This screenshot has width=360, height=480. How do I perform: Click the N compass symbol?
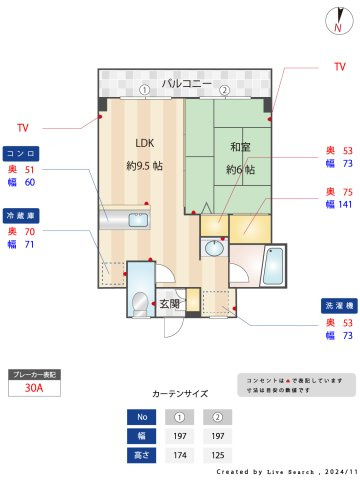[x=337, y=22]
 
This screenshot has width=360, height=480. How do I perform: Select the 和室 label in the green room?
[x=240, y=147]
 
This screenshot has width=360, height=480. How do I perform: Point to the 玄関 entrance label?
[x=168, y=303]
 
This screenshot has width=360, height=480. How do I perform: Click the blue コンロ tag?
[x=21, y=154]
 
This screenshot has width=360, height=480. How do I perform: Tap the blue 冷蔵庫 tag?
[x=21, y=215]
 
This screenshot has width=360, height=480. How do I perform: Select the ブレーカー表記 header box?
[x=33, y=374]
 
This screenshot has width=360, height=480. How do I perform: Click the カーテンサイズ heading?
[x=180, y=394]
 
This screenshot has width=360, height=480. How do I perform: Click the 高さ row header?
[x=142, y=455]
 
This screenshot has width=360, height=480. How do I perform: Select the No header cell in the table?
[x=142, y=416]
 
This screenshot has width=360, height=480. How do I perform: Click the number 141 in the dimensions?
[x=345, y=204]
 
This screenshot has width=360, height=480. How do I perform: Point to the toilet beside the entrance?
[x=139, y=302]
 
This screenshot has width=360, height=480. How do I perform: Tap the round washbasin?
[x=214, y=248]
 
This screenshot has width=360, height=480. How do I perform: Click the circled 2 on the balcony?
[x=224, y=90]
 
